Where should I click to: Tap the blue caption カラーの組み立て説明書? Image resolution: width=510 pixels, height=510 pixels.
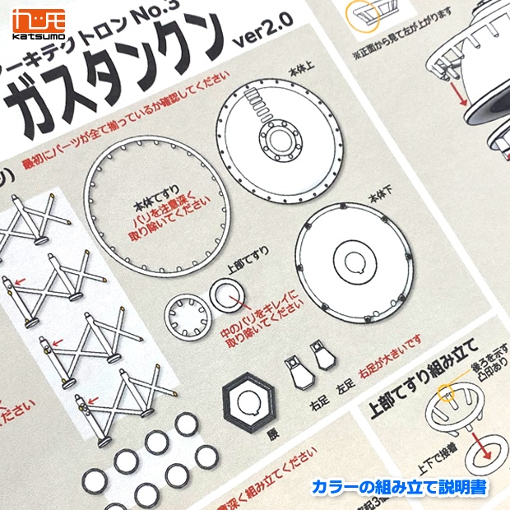click(399, 487)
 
